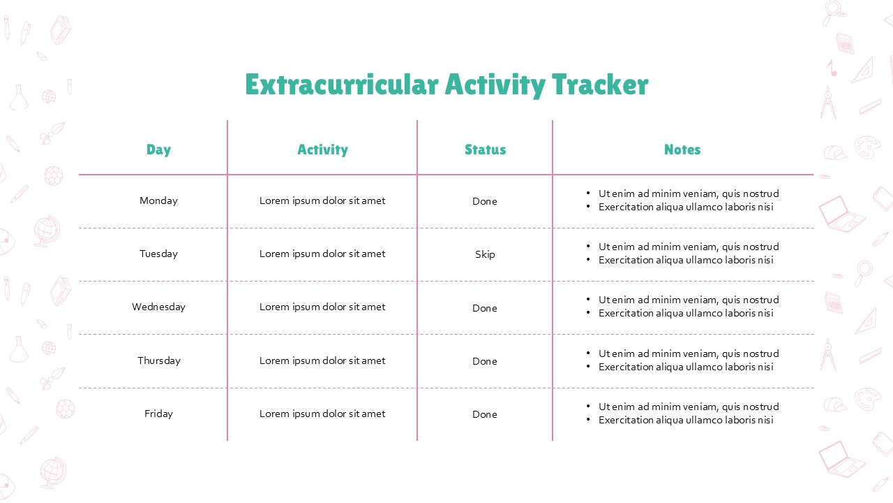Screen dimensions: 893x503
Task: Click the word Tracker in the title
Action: point(600,85)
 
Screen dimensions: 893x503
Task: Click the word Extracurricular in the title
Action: point(342,85)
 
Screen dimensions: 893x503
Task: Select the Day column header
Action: point(158,150)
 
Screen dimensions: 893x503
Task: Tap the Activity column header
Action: point(322,150)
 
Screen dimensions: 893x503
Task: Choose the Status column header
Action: point(485,150)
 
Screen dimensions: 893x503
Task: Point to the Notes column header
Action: point(682,150)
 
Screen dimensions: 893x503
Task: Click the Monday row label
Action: point(158,201)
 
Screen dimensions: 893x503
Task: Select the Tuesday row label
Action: point(158,254)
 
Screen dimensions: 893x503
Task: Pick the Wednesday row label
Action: point(158,307)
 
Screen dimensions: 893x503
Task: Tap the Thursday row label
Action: point(159,361)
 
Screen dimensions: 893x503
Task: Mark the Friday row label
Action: point(158,414)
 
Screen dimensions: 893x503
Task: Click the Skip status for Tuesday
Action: point(485,255)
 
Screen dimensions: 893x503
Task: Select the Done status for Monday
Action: point(485,201)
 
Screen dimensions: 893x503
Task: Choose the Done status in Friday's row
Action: point(485,414)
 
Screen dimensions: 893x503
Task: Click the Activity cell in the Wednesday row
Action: point(322,307)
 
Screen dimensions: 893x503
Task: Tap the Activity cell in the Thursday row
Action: point(322,361)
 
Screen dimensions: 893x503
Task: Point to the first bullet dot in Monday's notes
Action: point(588,194)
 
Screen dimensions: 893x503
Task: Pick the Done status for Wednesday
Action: point(485,308)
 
